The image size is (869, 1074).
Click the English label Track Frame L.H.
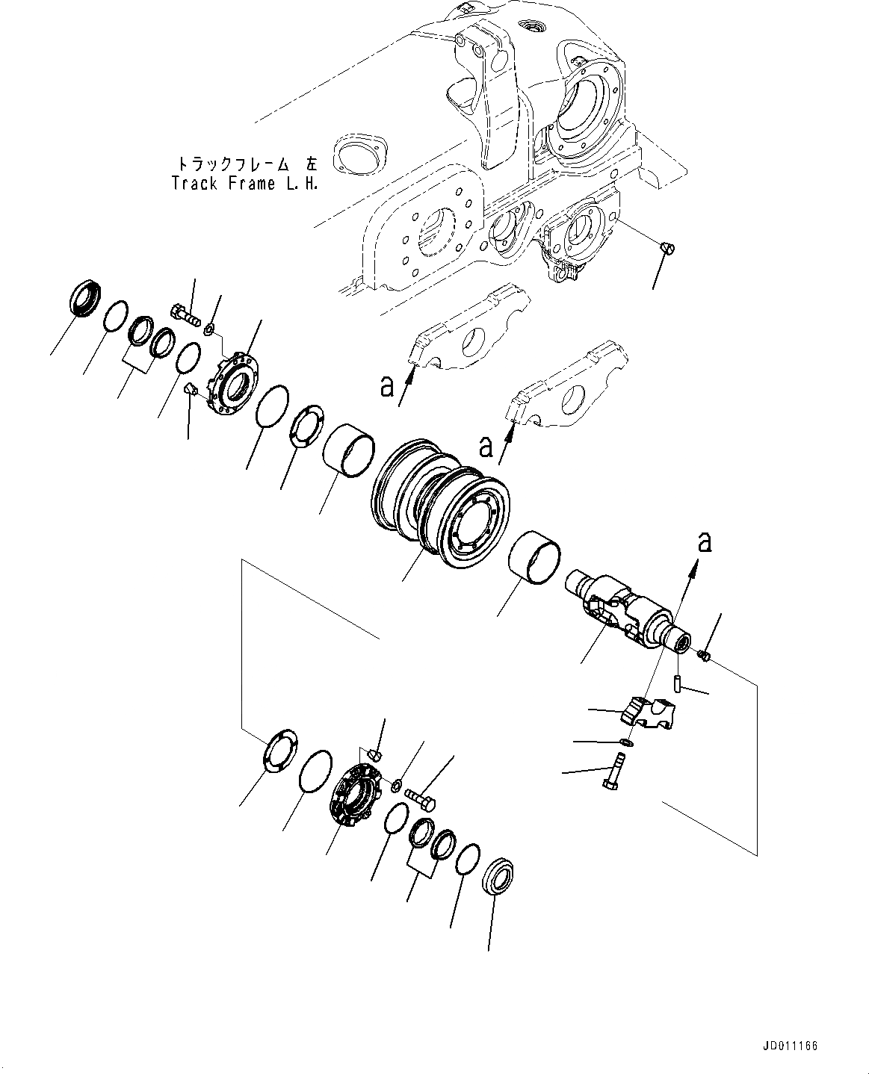tap(244, 184)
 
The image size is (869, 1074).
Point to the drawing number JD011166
tap(796, 1047)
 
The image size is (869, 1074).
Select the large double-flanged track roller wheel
tap(439, 509)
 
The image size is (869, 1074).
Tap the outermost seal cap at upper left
tap(82, 296)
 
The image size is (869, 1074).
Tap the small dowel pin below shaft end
tap(676, 683)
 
